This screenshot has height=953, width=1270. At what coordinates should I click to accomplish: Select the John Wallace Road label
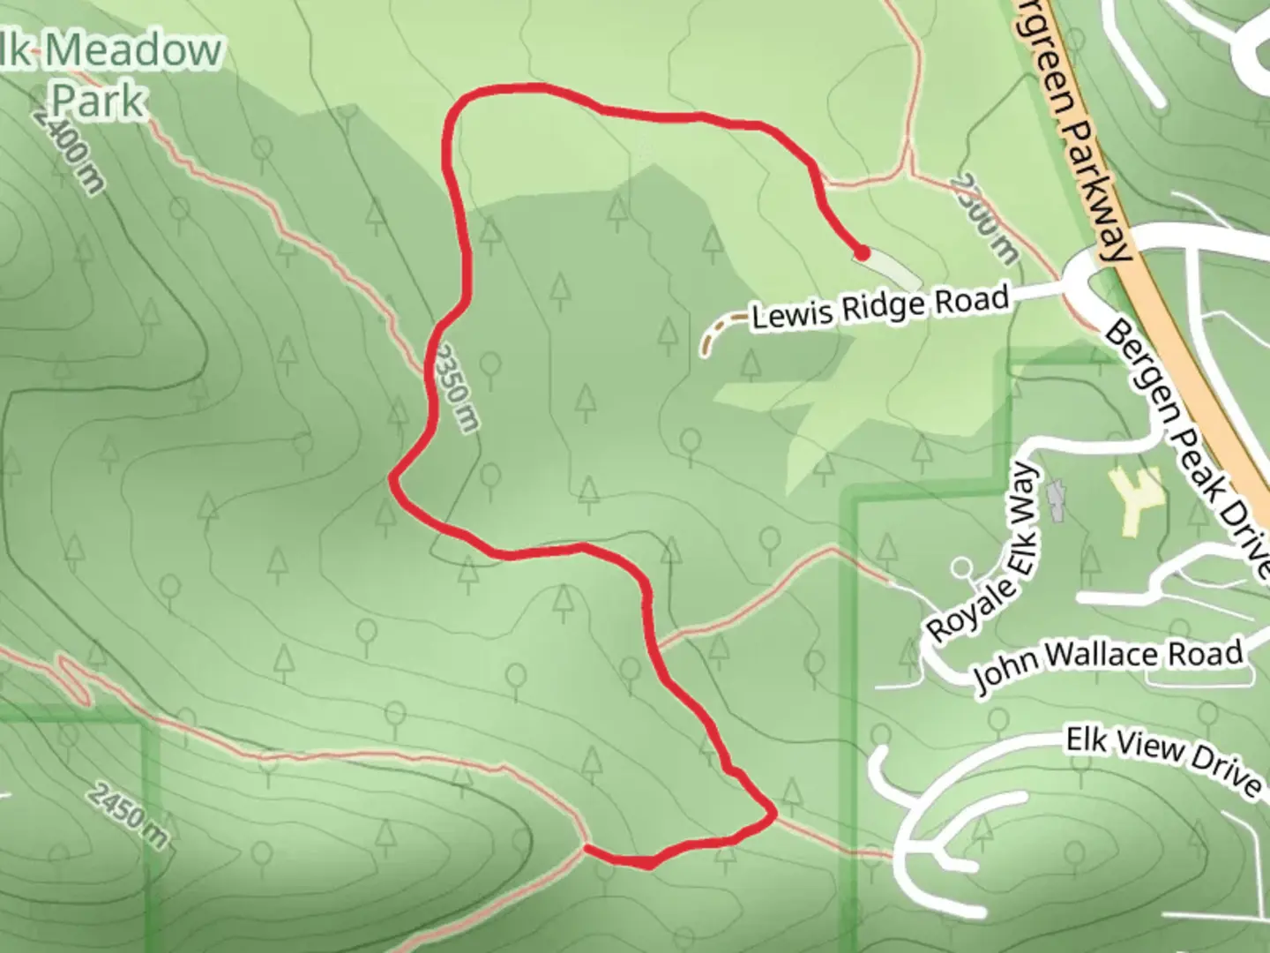pyautogui.click(x=1109, y=664)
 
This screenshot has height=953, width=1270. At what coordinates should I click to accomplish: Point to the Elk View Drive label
pyautogui.click(x=1162, y=761)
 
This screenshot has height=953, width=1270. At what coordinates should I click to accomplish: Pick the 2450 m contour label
pyautogui.click(x=129, y=816)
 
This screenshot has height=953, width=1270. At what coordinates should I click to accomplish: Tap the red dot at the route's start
pyautogui.click(x=862, y=253)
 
